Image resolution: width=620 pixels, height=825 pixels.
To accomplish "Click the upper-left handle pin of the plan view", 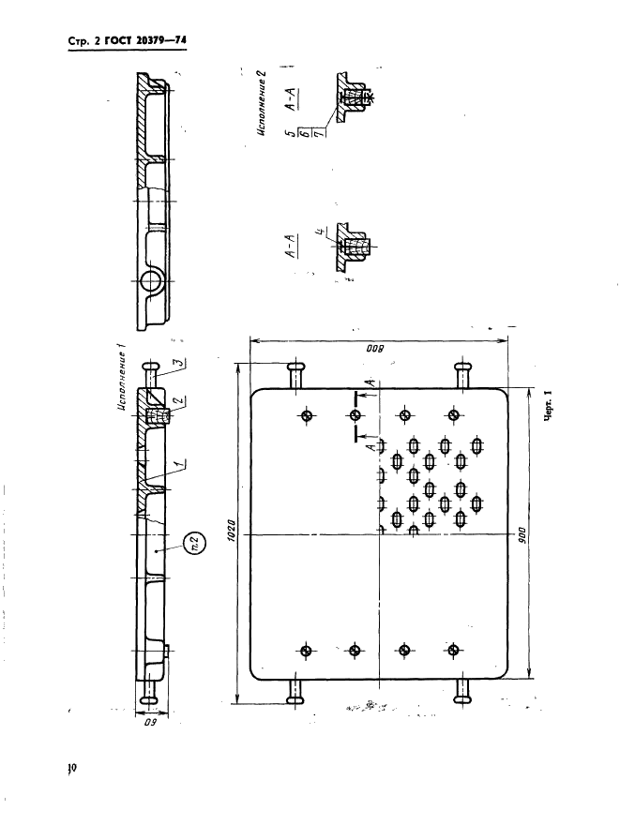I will click(295, 376).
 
